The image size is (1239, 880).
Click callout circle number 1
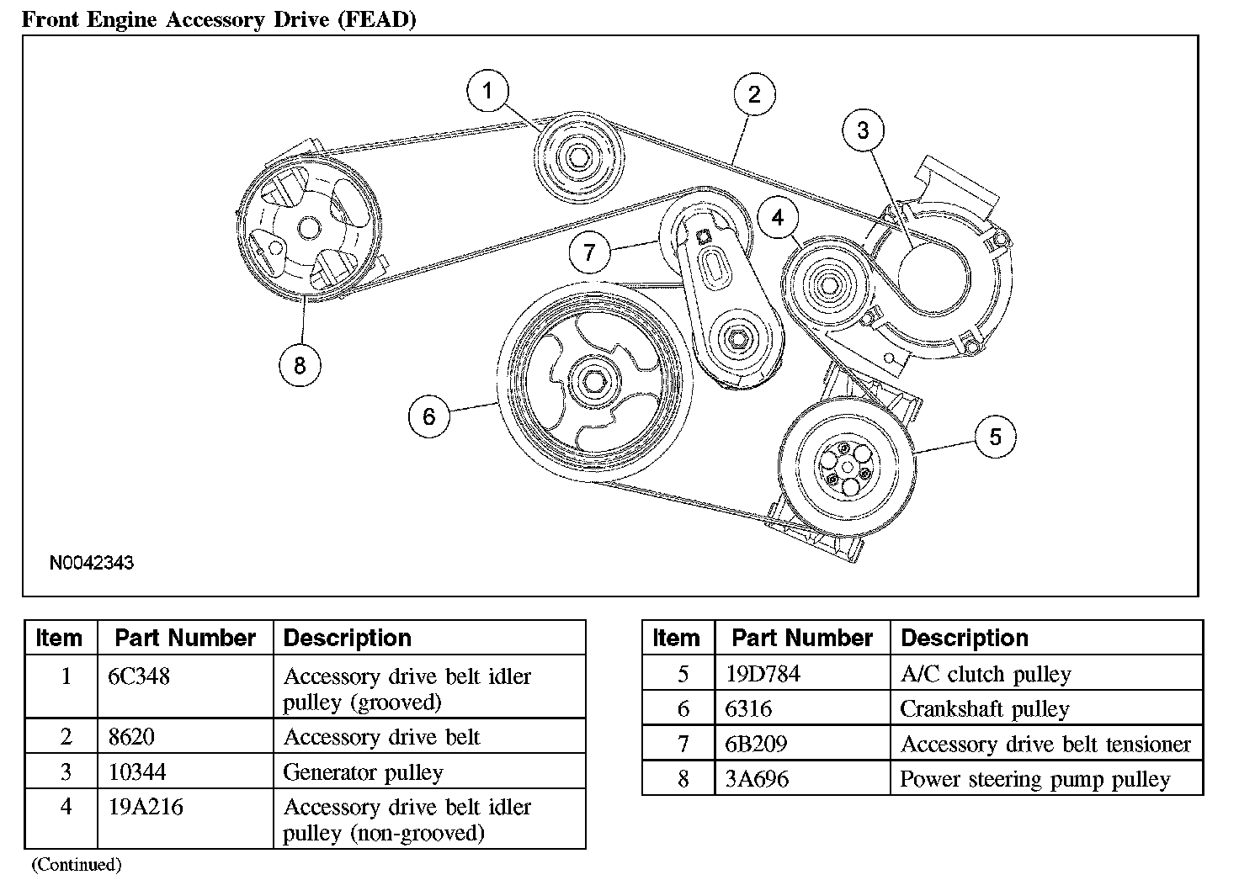pyautogui.click(x=487, y=91)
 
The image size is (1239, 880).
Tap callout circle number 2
pyautogui.click(x=754, y=94)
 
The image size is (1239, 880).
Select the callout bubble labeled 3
pyautogui.click(x=863, y=130)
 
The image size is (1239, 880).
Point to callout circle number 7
pyautogui.click(x=590, y=252)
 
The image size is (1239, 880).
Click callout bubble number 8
pyautogui.click(x=300, y=365)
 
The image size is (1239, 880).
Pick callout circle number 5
pyautogui.click(x=995, y=437)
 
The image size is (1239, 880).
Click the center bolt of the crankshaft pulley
pyautogui.click(x=594, y=382)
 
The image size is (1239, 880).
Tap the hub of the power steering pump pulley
pyautogui.click(x=309, y=228)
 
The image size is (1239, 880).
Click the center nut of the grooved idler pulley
pyautogui.click(x=578, y=158)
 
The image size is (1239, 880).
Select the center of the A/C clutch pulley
pyautogui.click(x=846, y=468)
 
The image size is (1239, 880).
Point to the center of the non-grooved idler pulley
pyautogui.click(x=828, y=286)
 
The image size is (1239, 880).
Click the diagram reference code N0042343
pyautogui.click(x=92, y=563)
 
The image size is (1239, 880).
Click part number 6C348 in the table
pyautogui.click(x=139, y=676)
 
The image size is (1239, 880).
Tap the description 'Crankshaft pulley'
pyautogui.click(x=985, y=709)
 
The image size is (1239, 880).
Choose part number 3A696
pyautogui.click(x=757, y=779)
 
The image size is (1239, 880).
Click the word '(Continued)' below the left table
pyautogui.click(x=77, y=864)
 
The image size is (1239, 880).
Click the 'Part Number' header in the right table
pyautogui.click(x=802, y=638)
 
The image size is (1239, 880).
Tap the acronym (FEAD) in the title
pyautogui.click(x=377, y=19)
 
